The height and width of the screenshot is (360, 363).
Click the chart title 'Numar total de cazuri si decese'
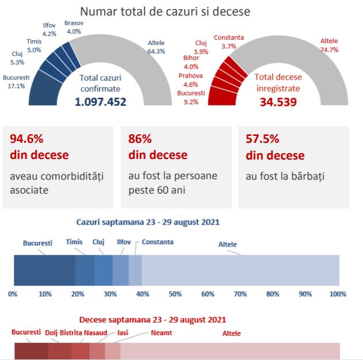coord(165,11)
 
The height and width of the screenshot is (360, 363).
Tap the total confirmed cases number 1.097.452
coord(100,102)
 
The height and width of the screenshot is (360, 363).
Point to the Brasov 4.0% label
coord(74,27)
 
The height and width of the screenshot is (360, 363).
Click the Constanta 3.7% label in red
coord(228,41)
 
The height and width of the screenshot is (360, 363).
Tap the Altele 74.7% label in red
coord(329,45)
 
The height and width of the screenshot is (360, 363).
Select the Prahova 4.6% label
coord(190,79)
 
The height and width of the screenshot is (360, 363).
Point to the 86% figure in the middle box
coord(140,139)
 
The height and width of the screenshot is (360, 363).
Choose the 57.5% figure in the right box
coord(262,139)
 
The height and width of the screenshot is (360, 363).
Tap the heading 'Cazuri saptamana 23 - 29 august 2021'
coord(148,221)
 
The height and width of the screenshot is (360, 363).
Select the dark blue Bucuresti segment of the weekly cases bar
coord(44,270)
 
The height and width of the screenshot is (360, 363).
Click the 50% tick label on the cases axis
coord(175,294)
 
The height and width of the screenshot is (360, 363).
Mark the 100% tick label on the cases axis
coord(338,294)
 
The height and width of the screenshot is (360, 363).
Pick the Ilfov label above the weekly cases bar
coord(124,242)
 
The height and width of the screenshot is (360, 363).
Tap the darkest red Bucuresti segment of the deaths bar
coord(31,351)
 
